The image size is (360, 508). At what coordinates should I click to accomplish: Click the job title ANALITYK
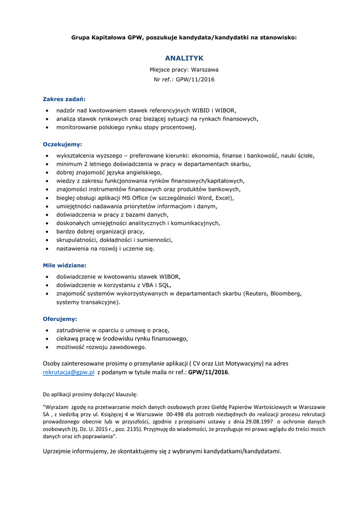pos(184,58)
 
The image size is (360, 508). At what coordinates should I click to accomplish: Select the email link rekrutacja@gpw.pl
pos(69,373)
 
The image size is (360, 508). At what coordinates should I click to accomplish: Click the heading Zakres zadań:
pos(64,99)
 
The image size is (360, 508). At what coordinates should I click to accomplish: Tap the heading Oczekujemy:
pos(62,144)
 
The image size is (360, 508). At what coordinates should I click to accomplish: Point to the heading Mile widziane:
pos(65,265)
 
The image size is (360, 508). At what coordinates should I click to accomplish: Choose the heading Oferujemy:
pos(60,319)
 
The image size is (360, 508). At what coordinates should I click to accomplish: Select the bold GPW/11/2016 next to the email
pos(209,373)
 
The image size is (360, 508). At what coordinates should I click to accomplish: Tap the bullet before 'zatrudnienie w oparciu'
pos(47,330)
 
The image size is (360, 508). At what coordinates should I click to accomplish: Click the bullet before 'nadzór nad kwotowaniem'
pos(47,110)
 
